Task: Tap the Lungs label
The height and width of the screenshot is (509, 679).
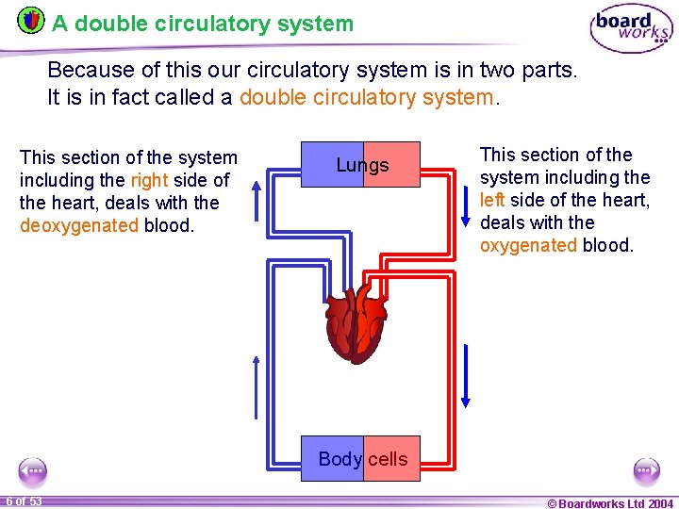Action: (362, 165)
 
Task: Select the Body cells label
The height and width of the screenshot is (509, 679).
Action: (362, 459)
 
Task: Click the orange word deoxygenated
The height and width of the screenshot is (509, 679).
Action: (78, 225)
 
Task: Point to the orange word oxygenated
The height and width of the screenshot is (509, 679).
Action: (527, 245)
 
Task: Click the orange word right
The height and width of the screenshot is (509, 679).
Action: (149, 180)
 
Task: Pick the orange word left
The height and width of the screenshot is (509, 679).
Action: (492, 200)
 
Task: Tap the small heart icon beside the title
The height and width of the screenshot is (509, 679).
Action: (31, 20)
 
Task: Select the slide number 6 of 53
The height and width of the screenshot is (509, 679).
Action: (25, 501)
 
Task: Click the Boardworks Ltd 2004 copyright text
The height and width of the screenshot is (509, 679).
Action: (610, 502)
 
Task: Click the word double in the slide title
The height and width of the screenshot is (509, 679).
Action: (104, 24)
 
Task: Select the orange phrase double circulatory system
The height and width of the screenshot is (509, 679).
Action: (367, 96)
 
